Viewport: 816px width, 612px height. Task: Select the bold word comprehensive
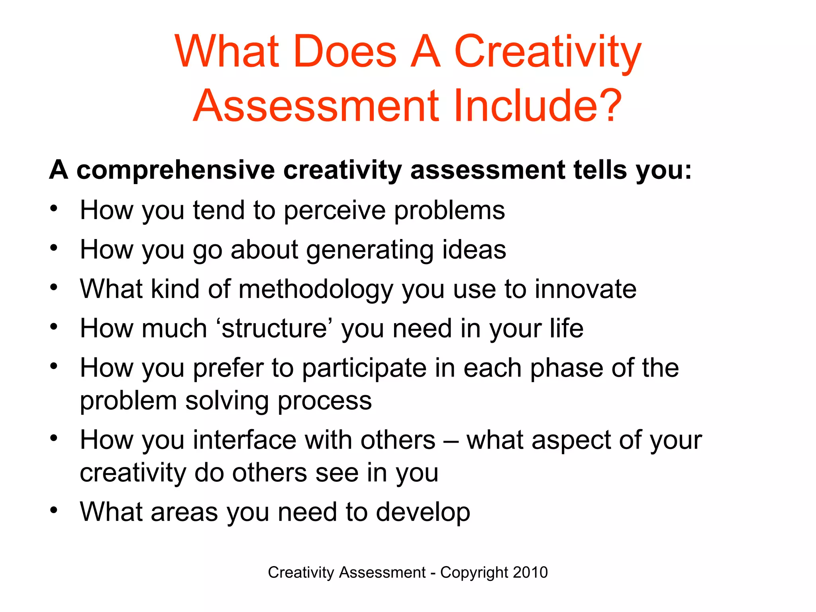tap(175, 171)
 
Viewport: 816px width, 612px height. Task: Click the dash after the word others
tap(451, 441)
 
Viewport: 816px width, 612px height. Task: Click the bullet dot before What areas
tap(54, 510)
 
